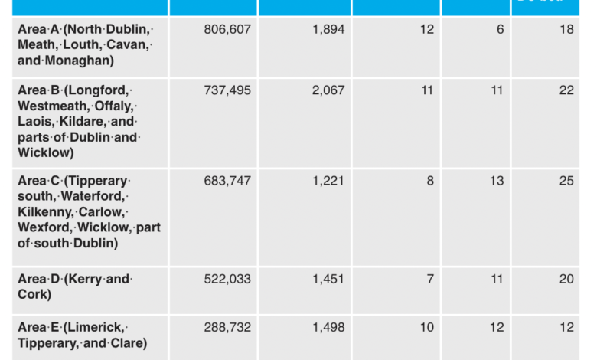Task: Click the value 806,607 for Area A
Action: point(227,30)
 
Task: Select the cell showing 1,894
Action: point(328,30)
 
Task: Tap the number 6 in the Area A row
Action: point(500,30)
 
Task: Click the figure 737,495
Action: point(227,90)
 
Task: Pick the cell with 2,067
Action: point(328,90)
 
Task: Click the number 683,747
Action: point(227,182)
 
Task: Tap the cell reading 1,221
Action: point(328,182)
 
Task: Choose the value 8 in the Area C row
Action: point(430,182)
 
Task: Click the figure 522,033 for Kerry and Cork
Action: point(227,280)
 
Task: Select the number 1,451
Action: point(328,280)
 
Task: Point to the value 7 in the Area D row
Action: point(430,280)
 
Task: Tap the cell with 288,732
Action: point(227,328)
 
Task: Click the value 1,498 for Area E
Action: point(328,328)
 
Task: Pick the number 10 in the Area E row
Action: point(426,328)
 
